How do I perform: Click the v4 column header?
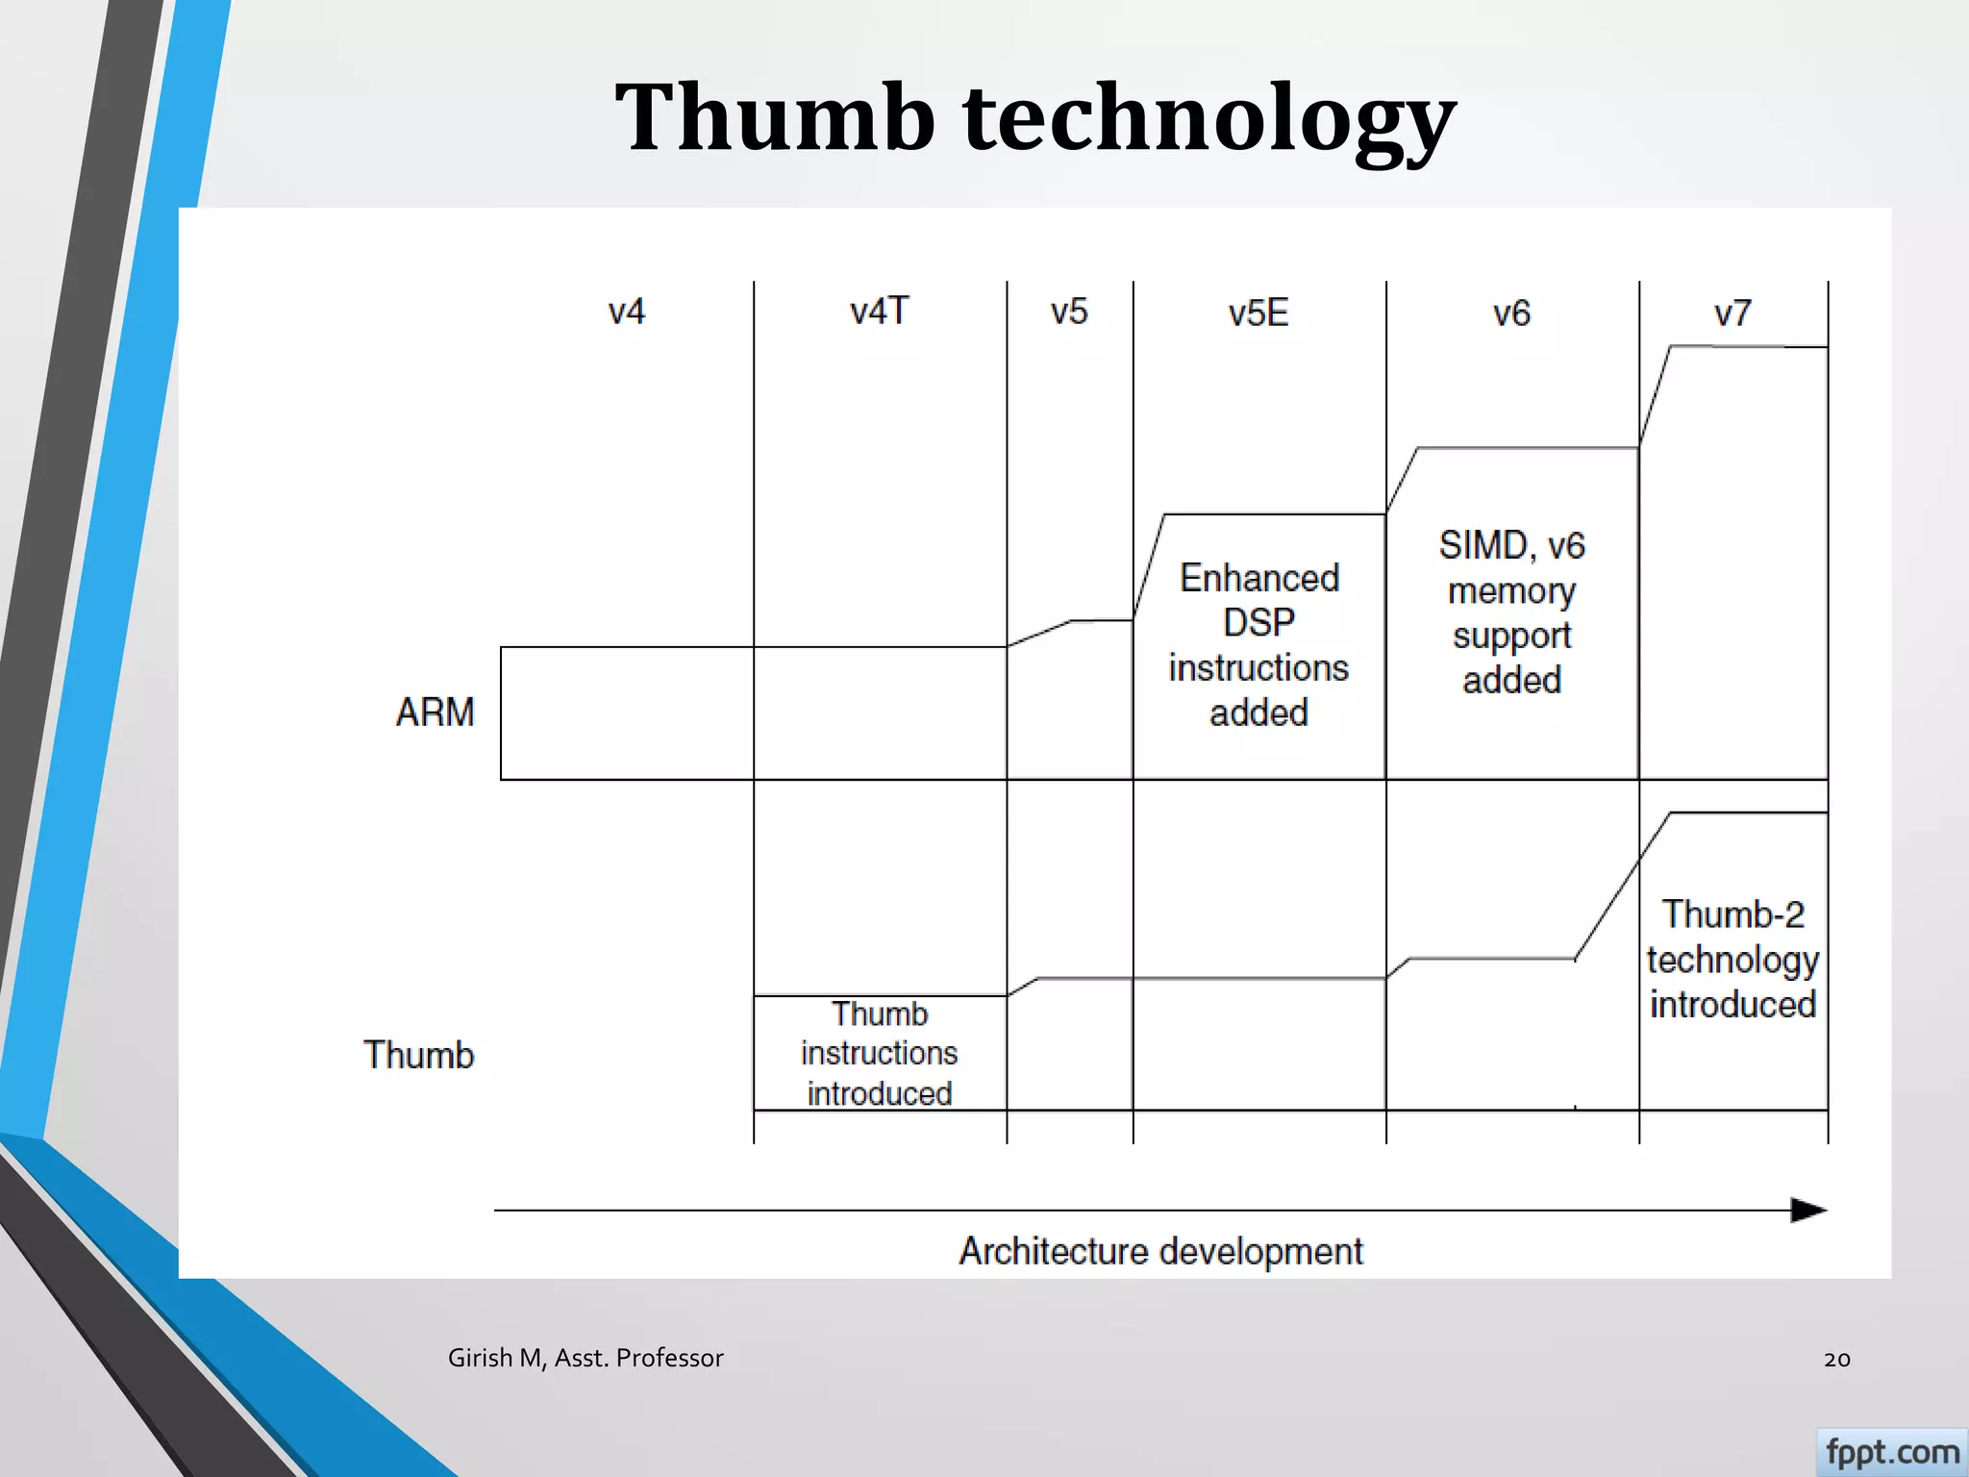[626, 312]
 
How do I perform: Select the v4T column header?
[879, 312]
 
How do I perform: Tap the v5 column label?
[1068, 312]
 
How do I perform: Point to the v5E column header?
[1258, 313]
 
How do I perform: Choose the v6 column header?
[1511, 313]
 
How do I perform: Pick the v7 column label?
[1732, 313]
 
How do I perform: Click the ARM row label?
[435, 713]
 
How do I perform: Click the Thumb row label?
[418, 1055]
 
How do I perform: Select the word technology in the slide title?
[1209, 118]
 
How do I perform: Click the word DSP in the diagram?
[1259, 623]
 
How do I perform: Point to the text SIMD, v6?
[1511, 545]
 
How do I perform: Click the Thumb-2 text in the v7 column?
[1732, 914]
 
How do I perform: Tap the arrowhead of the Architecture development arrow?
[1807, 1210]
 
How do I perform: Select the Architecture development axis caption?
[1160, 1251]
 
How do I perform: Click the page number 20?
[1836, 1359]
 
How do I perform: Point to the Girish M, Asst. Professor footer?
[586, 1358]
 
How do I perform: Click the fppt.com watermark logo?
[1891, 1452]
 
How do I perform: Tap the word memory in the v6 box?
[1511, 590]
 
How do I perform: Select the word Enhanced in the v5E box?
[1259, 578]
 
